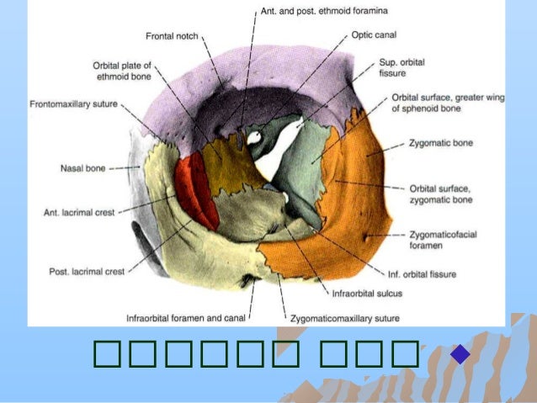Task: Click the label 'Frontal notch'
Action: click(x=172, y=37)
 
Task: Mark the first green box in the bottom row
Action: click(x=110, y=356)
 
